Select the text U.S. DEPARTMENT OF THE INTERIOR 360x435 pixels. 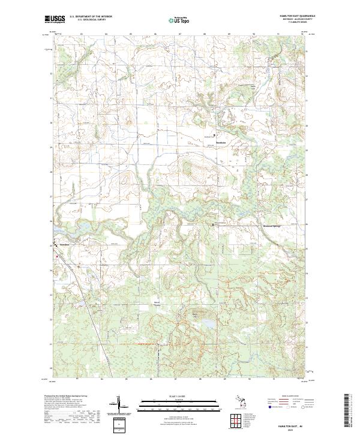[91, 17]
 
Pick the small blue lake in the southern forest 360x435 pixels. [207, 325]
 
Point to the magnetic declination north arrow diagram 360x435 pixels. [118, 404]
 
